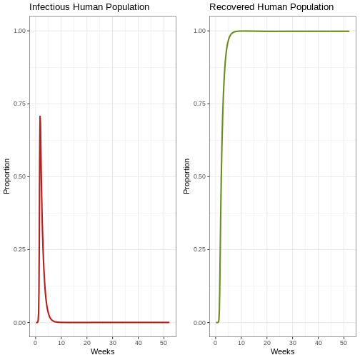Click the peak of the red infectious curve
[x=40, y=116]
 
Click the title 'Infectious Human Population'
[x=89, y=7]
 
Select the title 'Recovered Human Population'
[x=271, y=7]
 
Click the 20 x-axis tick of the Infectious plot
[x=87, y=343]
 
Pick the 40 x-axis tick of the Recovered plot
[x=319, y=343]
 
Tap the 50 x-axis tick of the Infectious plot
[x=164, y=343]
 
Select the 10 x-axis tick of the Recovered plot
[x=241, y=343]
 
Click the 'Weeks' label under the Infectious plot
[x=103, y=351]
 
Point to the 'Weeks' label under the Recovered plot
[x=283, y=351]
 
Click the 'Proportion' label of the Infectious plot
[x=6, y=176]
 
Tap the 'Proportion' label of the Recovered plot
[x=186, y=176]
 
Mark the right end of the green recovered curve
[x=349, y=31]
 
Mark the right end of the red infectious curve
[x=169, y=322]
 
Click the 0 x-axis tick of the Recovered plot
[x=216, y=343]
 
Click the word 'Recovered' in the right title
[x=232, y=7]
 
